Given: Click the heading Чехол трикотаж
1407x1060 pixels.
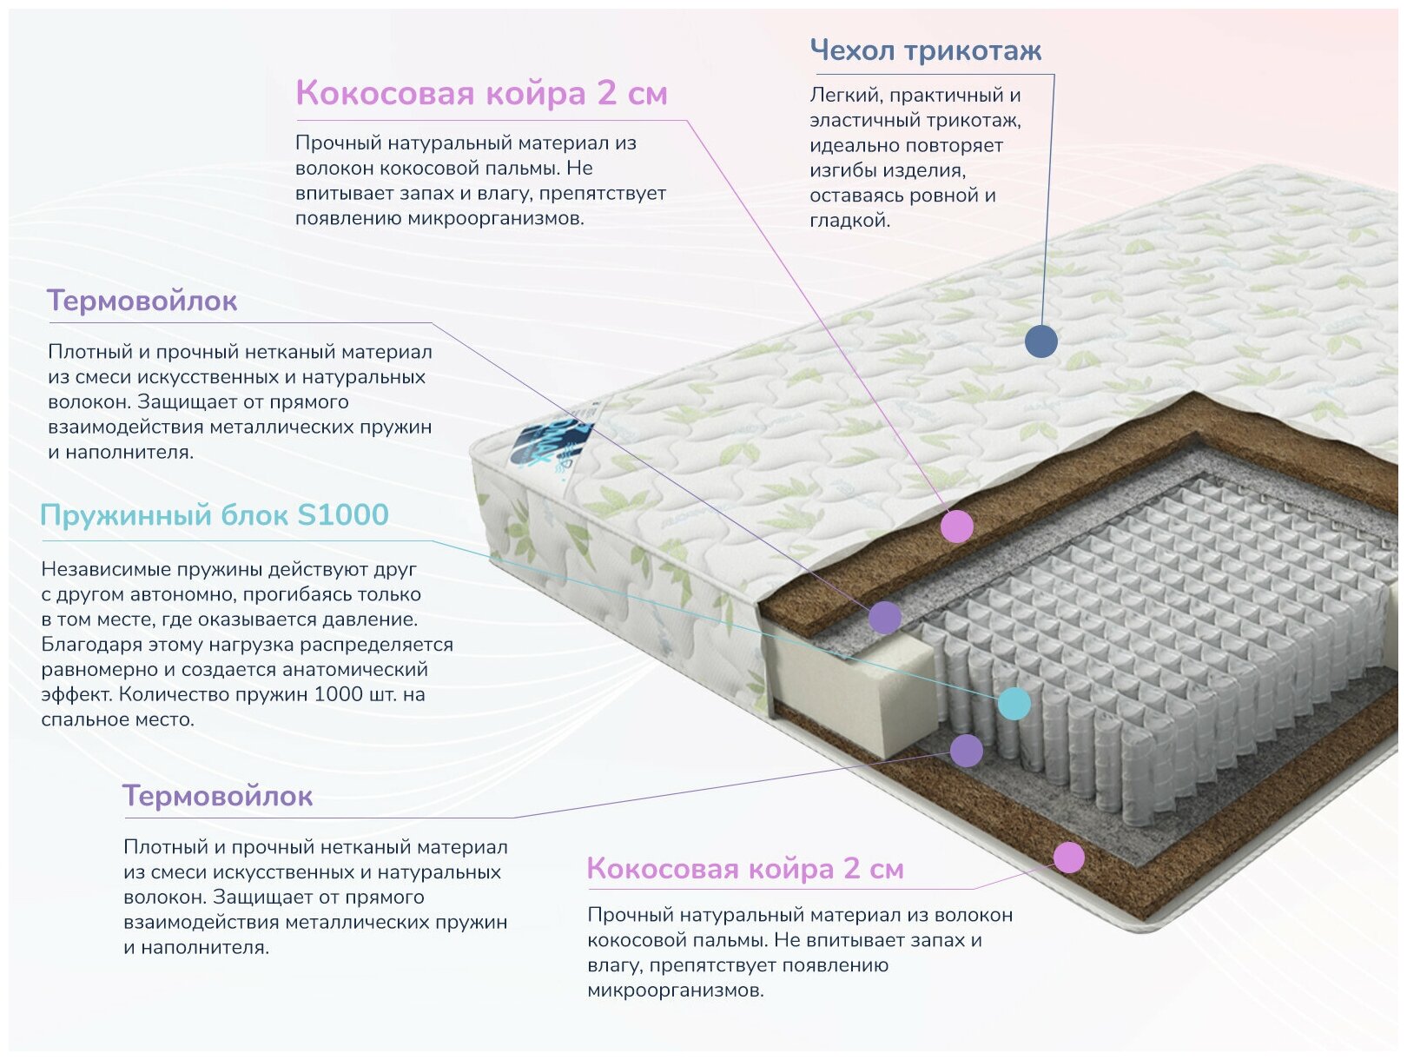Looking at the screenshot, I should (x=925, y=50).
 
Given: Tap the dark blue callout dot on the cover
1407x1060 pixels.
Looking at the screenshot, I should (x=1040, y=341).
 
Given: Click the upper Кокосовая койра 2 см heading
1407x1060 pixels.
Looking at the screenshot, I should (x=481, y=93).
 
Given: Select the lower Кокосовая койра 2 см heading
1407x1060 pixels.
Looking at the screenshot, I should (x=745, y=868).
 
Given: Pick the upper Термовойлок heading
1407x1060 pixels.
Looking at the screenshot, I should (x=142, y=301).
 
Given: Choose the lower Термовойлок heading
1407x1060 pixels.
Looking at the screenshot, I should (x=217, y=796).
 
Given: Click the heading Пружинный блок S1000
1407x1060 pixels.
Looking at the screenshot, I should (x=214, y=514).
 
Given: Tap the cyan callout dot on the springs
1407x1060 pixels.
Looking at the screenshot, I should (x=1014, y=703).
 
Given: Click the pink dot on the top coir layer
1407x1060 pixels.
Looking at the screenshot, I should (x=956, y=526).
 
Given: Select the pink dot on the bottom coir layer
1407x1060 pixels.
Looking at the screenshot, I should (x=1068, y=858).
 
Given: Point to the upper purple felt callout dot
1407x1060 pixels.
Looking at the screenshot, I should (x=884, y=618).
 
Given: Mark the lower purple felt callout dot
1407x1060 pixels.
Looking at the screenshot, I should (x=966, y=751).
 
